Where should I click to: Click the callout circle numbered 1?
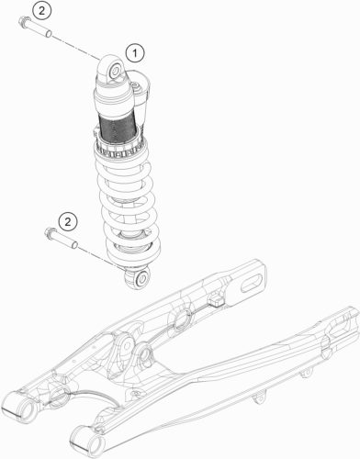[135, 54]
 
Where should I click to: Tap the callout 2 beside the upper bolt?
[41, 11]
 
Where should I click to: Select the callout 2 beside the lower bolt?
[68, 221]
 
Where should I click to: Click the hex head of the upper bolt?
[23, 22]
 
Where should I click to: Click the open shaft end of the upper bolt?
[49, 34]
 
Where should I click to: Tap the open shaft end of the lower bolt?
[74, 245]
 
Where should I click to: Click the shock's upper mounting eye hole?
[116, 72]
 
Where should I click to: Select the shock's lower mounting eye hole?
[142, 279]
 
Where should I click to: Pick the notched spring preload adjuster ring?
[120, 151]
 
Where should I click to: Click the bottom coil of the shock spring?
[134, 251]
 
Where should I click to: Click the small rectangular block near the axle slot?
[216, 300]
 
